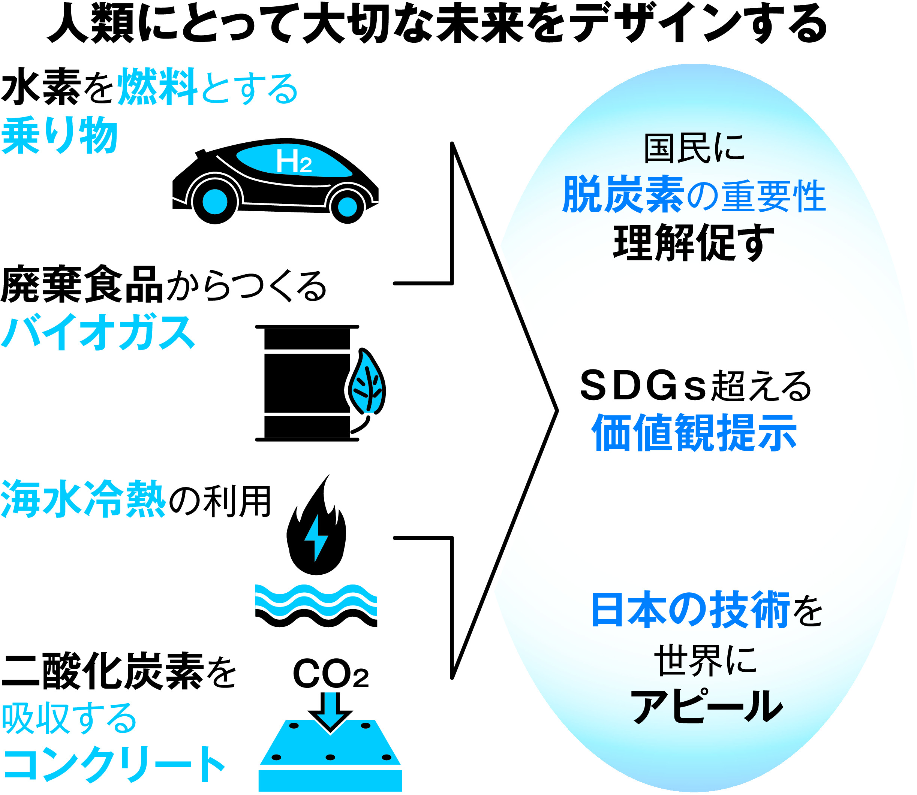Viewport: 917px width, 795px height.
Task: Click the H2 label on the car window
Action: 294,161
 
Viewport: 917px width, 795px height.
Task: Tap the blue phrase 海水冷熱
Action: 84,499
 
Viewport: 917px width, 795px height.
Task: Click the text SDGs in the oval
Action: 642,386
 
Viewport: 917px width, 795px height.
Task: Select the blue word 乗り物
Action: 60,135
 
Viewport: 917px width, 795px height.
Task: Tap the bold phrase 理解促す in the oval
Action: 693,242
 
